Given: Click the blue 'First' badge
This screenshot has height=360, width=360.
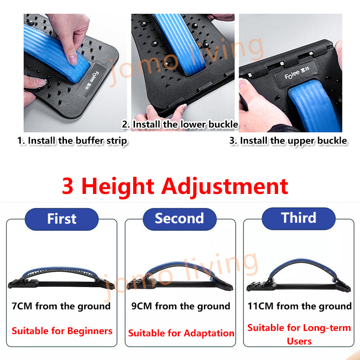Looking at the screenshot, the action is tap(62, 219).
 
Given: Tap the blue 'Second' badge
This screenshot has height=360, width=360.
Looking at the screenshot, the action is tap(180, 219).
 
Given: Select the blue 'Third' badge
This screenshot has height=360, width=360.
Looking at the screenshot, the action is tap(298, 218).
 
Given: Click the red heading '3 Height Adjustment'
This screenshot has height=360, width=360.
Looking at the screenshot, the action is tap(175, 186).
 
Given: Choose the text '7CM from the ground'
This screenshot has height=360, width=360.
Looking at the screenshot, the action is tap(61, 306).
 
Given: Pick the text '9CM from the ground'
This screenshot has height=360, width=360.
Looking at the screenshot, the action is tap(181, 306).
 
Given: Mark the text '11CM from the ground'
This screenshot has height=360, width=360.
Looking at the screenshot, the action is tap(299, 306).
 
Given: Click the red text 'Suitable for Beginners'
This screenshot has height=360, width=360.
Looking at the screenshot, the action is tap(62, 331).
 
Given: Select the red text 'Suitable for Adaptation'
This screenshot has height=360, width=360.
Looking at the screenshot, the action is tap(181, 333).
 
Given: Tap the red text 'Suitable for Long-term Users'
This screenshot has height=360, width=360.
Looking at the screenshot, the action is tap(299, 334).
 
